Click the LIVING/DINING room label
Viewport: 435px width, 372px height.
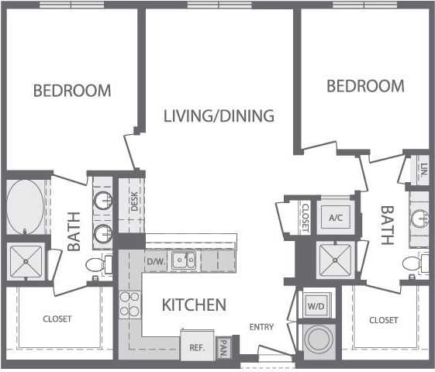(x=219, y=116)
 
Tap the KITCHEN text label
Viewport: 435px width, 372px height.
(x=194, y=305)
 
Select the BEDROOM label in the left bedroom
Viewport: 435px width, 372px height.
(x=72, y=91)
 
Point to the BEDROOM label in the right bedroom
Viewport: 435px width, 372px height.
(x=365, y=86)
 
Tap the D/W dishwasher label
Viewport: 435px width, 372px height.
(x=157, y=261)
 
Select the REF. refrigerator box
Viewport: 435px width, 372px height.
(x=197, y=347)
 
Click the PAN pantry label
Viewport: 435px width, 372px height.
(x=223, y=346)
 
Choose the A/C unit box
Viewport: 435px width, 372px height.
(x=336, y=219)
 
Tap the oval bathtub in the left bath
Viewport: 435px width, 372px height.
(x=25, y=207)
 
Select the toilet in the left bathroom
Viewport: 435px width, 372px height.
(x=97, y=265)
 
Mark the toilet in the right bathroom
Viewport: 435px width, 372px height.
(x=413, y=264)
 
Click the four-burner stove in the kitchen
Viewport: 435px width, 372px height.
(x=129, y=305)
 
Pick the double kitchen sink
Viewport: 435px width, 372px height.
(x=185, y=260)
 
